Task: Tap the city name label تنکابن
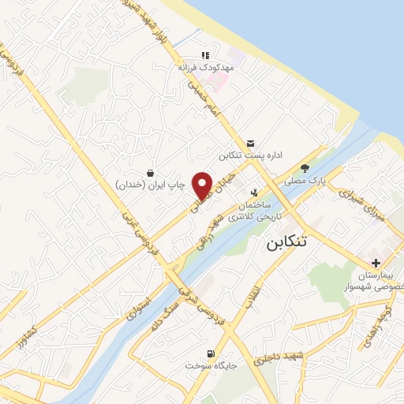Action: point(281,241)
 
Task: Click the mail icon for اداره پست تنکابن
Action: point(250,142)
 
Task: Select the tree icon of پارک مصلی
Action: point(305,168)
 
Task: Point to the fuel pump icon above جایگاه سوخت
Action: point(210,353)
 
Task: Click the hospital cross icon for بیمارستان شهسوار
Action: point(376,262)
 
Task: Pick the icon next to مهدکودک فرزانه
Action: point(205,55)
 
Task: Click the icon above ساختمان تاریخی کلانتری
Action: point(254,192)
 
